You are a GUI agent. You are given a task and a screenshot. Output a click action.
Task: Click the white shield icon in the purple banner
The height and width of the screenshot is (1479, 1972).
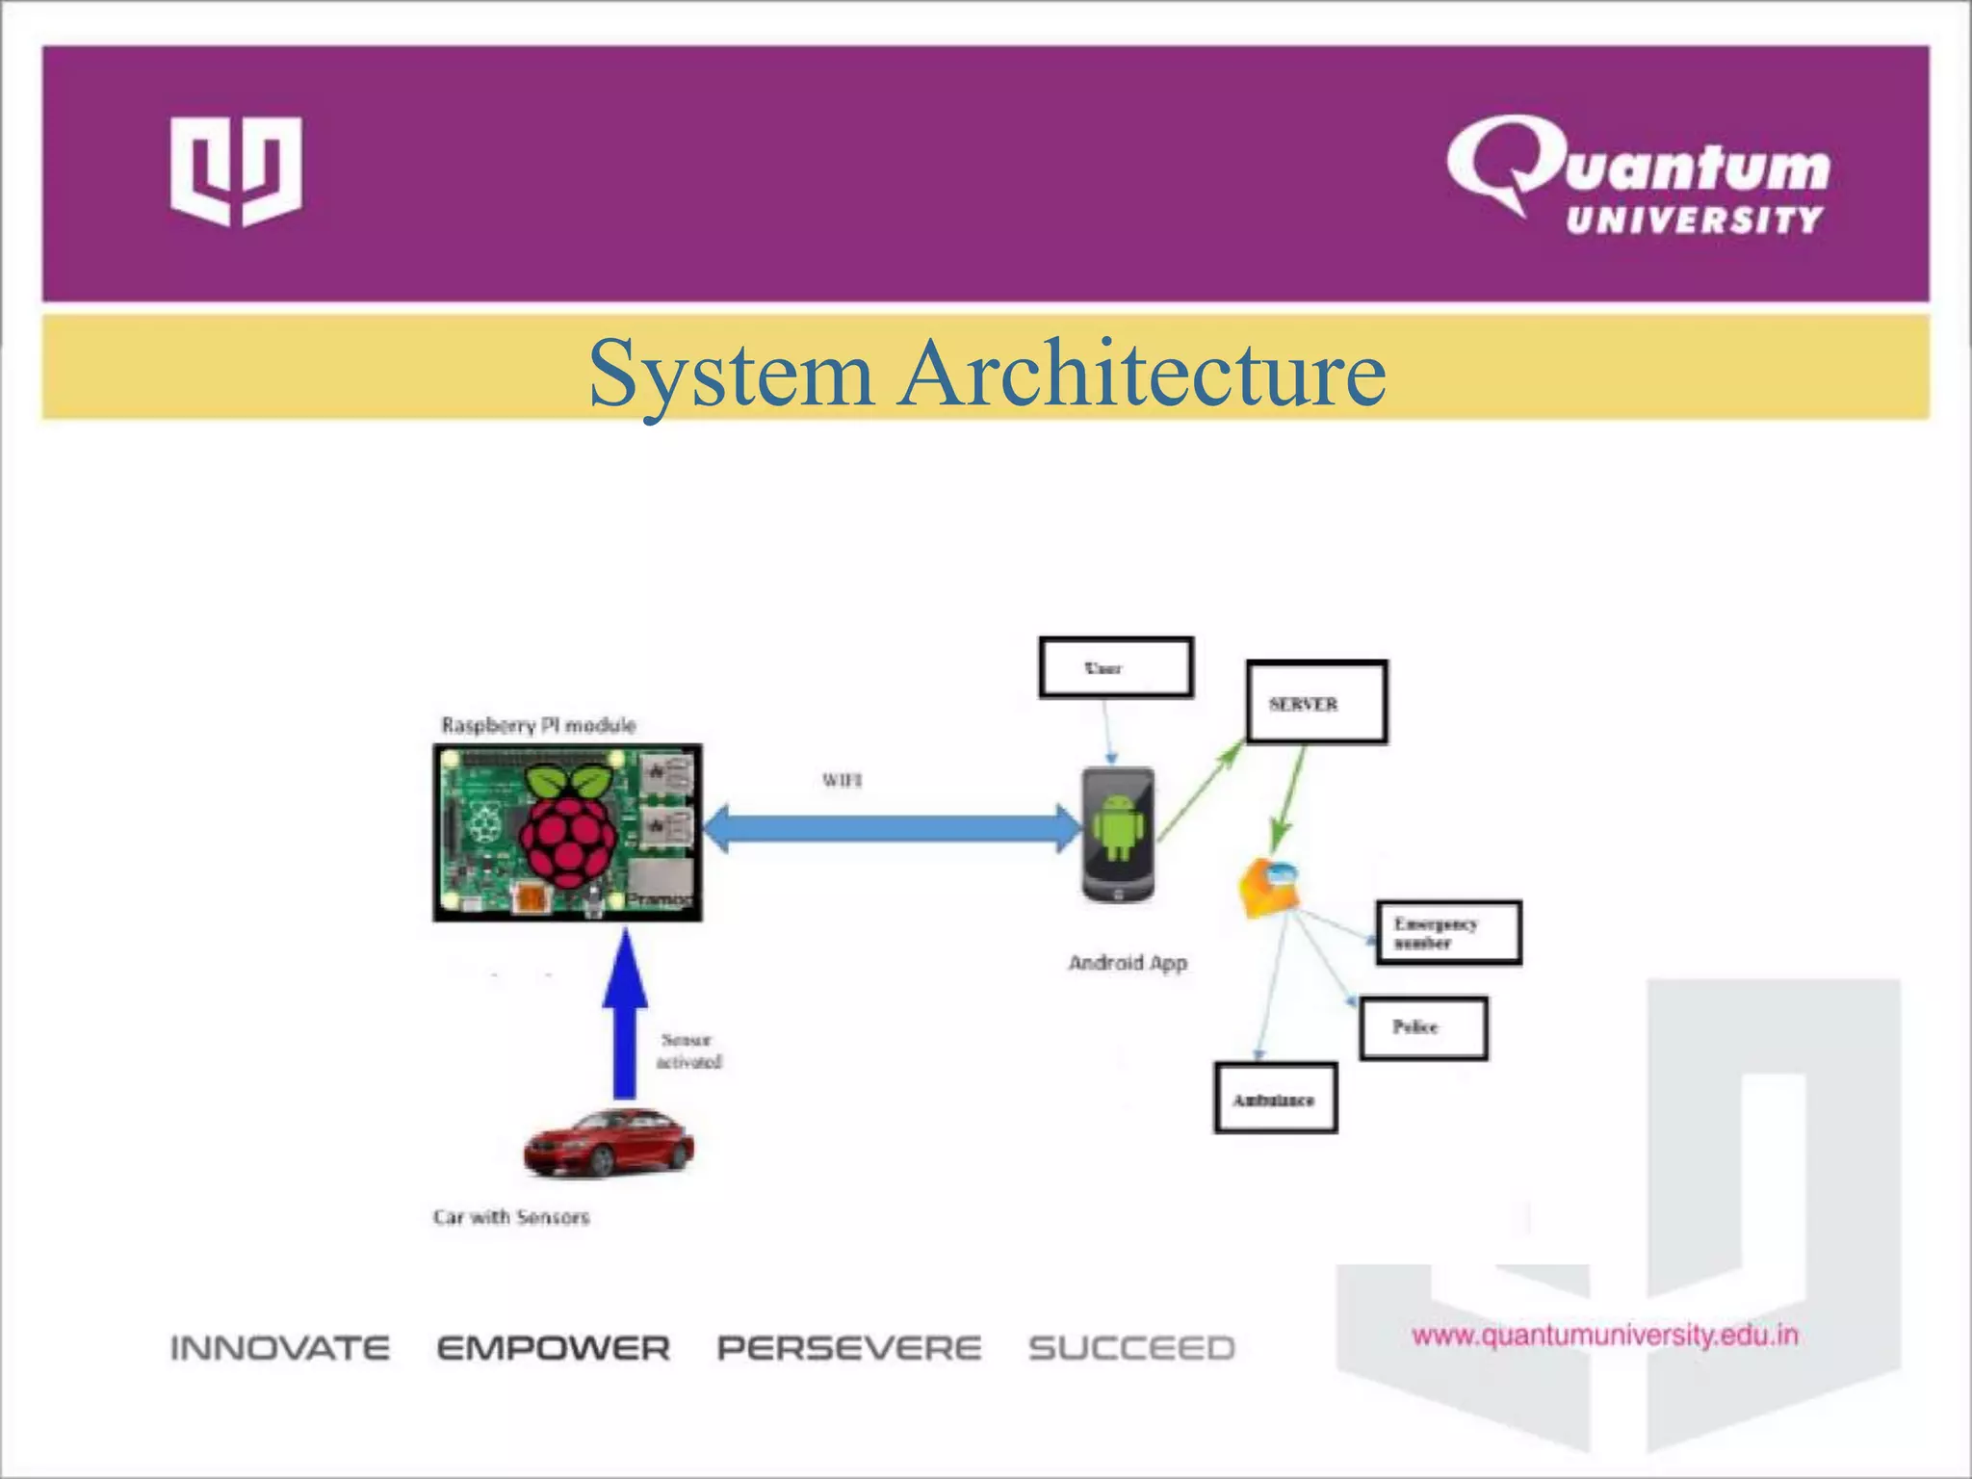coord(236,171)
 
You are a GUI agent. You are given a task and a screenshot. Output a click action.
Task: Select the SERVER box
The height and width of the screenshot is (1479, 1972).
coord(1316,702)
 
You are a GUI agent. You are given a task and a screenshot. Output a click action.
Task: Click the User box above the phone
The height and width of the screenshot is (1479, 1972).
coord(1115,667)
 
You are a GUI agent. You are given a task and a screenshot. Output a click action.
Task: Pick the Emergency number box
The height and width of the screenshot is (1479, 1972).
coord(1448,932)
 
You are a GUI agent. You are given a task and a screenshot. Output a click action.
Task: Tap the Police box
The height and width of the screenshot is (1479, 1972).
coord(1423,1027)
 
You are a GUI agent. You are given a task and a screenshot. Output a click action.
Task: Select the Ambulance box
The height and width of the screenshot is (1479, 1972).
coord(1275,1099)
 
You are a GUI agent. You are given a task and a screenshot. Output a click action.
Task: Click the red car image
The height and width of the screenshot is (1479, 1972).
coord(608,1143)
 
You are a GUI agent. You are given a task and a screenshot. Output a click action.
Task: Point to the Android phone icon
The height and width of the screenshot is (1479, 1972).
coord(1118,834)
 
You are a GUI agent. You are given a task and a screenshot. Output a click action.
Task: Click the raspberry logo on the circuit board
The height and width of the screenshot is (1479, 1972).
coord(569,826)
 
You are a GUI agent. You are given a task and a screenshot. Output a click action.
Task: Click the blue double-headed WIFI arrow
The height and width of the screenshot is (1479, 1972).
coord(892,829)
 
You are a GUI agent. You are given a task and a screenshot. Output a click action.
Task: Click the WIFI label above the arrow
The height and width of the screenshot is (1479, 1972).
coord(842,780)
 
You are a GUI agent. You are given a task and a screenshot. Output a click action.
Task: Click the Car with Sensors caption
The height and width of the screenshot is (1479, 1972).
coord(510,1217)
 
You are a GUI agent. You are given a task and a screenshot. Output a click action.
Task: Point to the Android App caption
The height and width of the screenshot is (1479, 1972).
coord(1128,963)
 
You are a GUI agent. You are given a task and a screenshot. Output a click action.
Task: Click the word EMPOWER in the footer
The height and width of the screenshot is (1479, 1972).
coord(554,1348)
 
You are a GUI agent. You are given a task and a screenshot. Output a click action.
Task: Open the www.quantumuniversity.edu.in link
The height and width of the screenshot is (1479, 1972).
coord(1605,1336)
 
